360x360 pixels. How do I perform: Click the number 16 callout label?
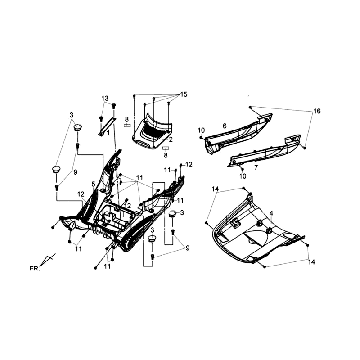[318, 108]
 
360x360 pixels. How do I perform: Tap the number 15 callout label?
[183, 93]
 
